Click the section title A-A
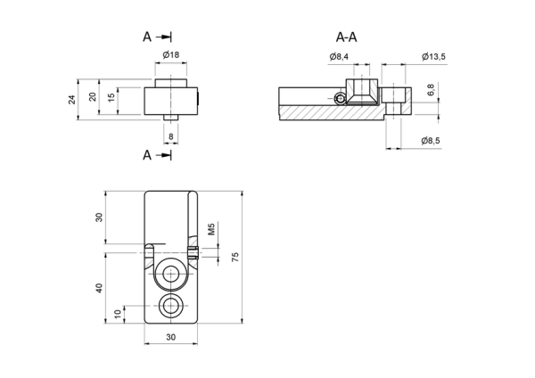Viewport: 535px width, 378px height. (346, 37)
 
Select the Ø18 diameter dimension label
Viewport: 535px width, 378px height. (170, 54)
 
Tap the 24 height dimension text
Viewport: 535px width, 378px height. (71, 100)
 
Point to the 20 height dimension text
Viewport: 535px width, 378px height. (93, 97)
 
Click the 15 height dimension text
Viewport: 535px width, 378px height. (111, 98)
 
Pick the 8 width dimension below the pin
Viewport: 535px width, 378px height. (171, 136)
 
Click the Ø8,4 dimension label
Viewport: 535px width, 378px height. (339, 57)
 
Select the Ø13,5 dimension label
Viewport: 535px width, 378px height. (433, 57)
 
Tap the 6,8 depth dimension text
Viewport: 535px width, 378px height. (431, 90)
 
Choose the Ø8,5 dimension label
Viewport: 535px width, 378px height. (431, 141)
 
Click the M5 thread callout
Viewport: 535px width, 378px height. (211, 229)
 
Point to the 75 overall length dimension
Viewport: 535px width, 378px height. (235, 257)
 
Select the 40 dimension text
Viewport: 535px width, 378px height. (99, 288)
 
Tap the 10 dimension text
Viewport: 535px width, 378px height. (118, 314)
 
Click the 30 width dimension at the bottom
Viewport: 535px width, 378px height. (171, 337)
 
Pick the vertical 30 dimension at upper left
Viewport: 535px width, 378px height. (99, 218)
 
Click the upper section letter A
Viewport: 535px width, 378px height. (147, 37)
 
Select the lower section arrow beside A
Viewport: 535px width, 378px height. (164, 155)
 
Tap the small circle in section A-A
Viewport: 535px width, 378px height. (341, 99)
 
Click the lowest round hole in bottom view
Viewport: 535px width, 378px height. (170, 306)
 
